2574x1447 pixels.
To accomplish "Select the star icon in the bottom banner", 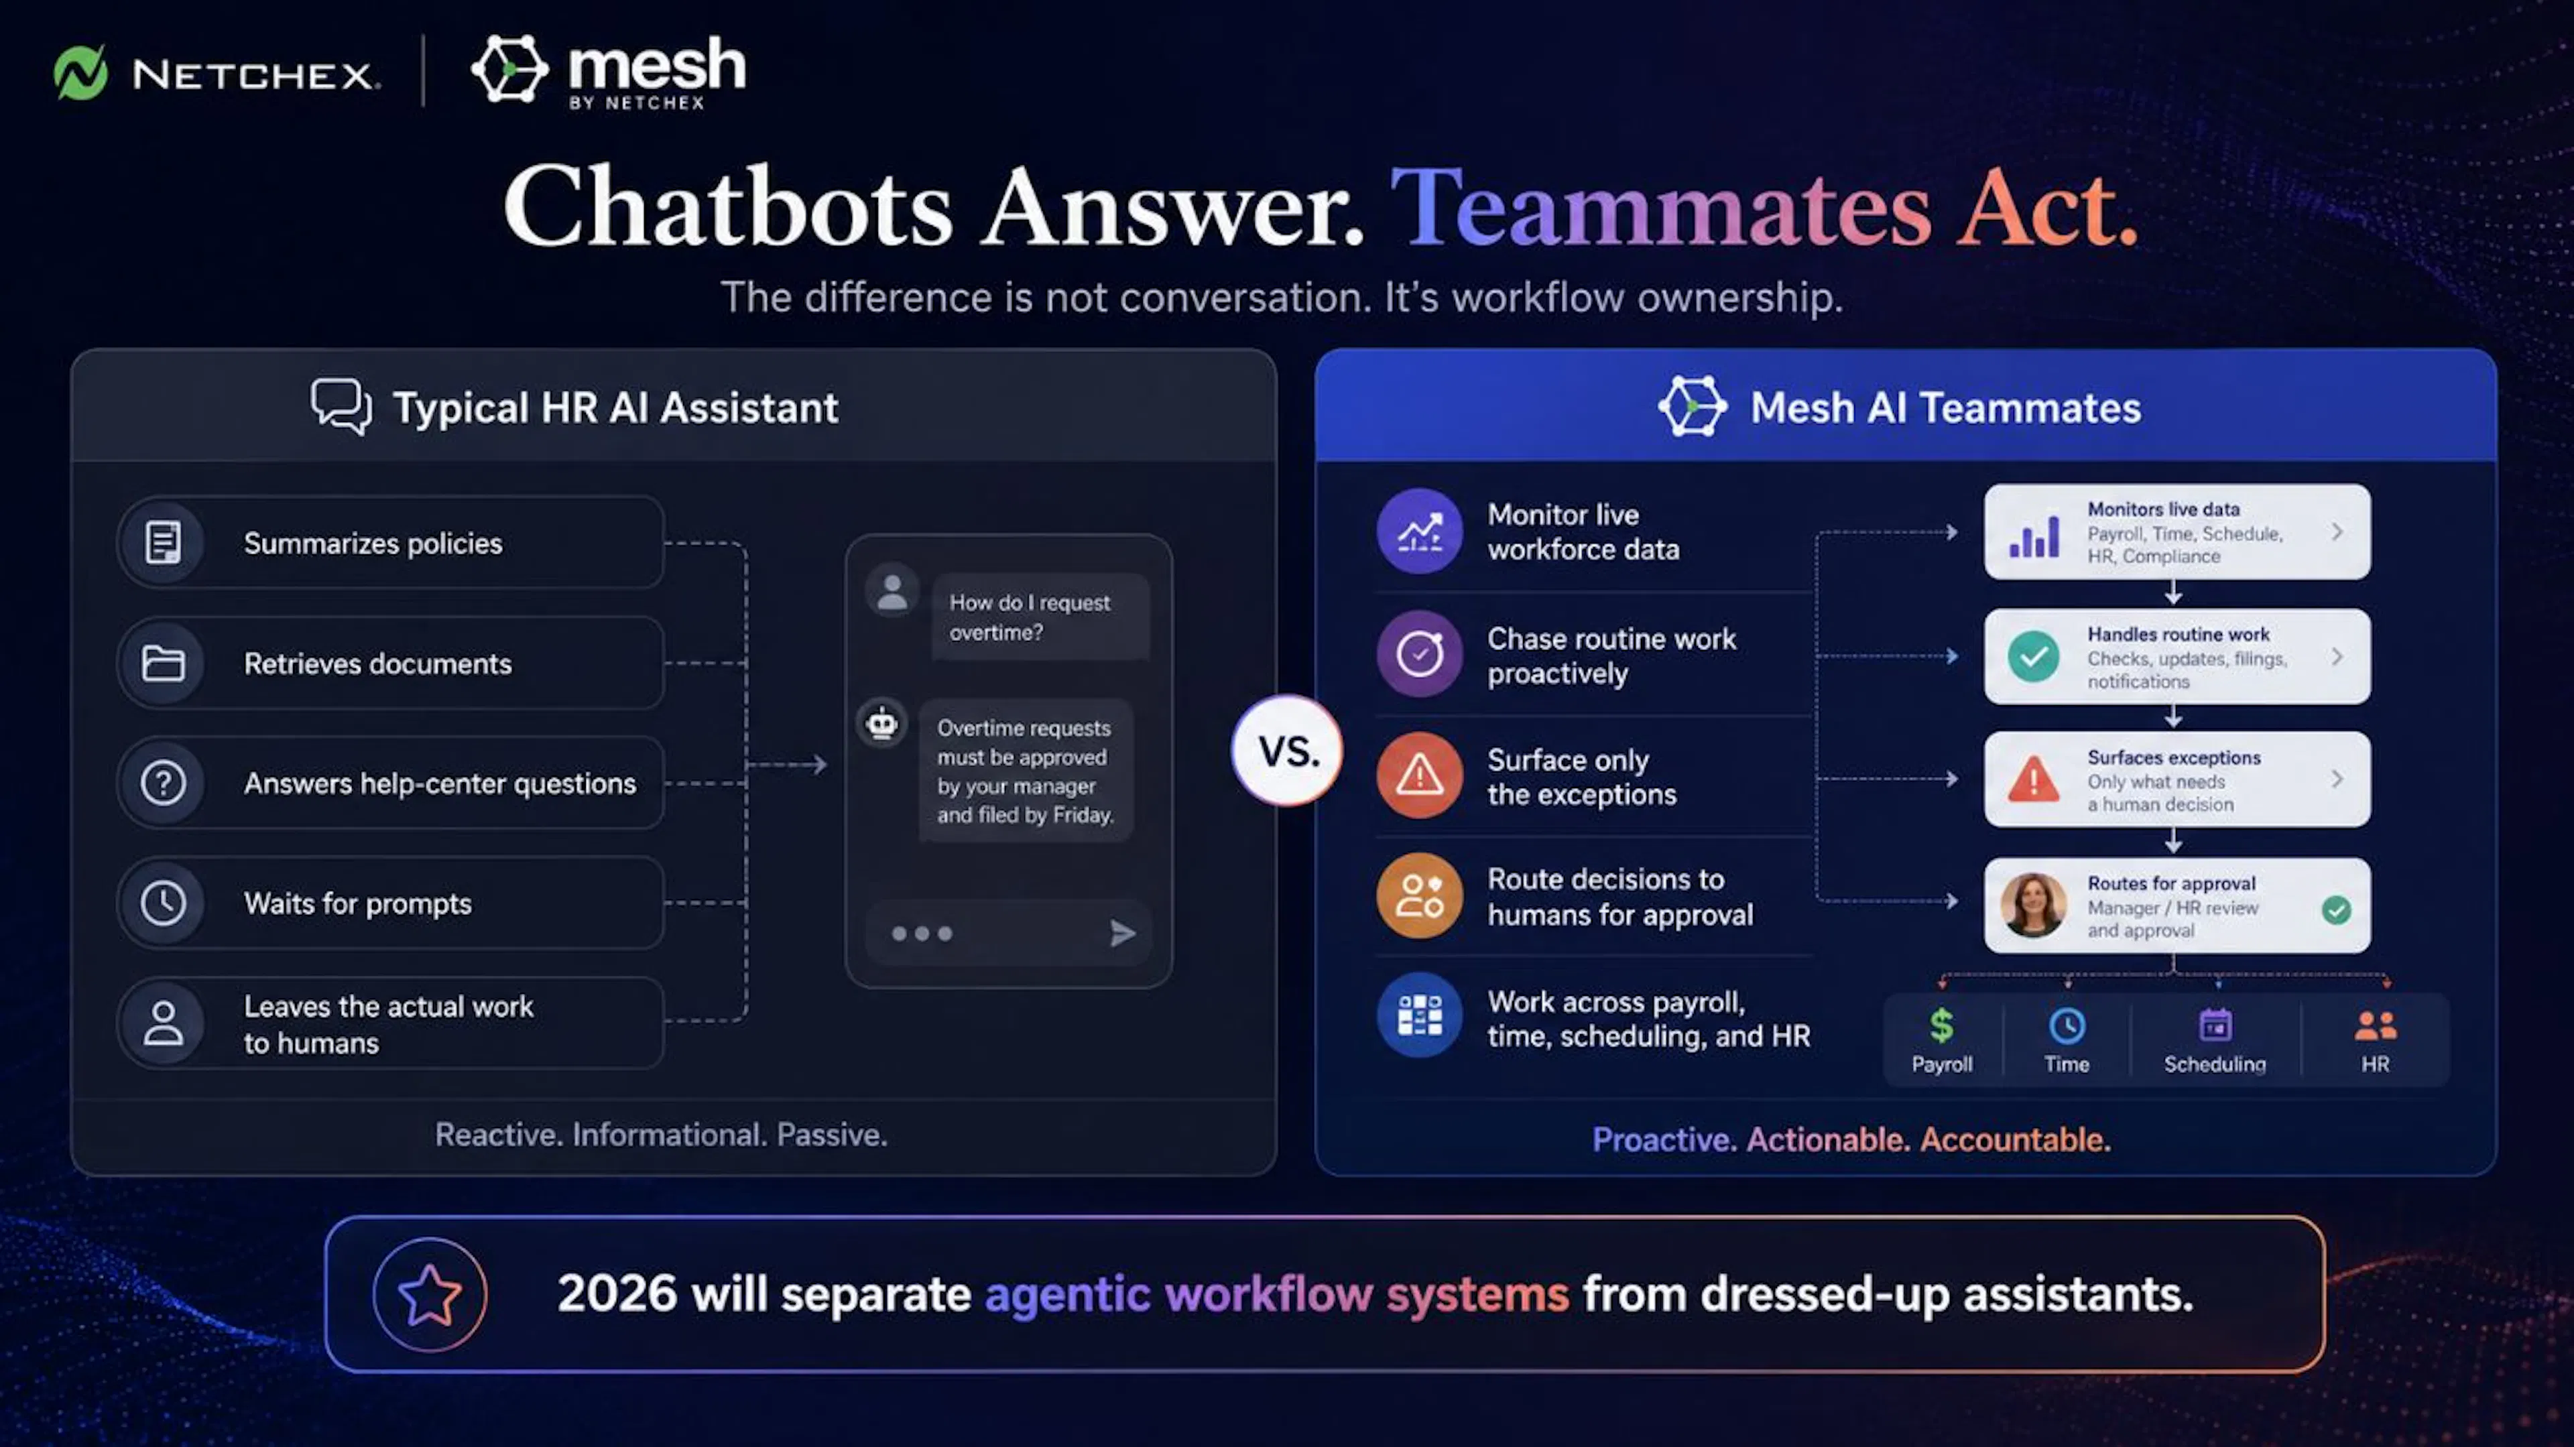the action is point(430,1294).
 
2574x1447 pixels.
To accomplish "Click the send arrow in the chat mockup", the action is point(1122,934).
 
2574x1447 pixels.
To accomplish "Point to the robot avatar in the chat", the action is point(882,722).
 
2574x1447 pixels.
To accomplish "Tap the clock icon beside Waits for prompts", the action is point(163,902).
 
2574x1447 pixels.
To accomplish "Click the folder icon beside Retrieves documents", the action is point(163,663).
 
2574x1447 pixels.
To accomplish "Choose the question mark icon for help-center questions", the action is point(163,782).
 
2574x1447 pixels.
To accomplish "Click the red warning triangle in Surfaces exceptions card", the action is point(2034,779).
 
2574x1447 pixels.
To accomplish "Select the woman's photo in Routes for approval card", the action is point(2034,905).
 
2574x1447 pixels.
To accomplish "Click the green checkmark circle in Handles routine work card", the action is point(2034,657).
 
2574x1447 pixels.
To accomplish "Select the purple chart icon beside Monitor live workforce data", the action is point(1419,531).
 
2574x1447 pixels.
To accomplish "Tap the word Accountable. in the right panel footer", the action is point(2016,1139).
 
